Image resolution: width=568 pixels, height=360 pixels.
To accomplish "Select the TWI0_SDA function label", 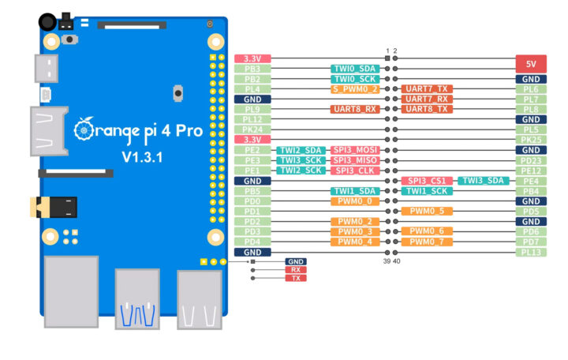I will click(355, 69).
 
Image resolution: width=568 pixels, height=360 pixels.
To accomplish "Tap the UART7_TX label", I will click(427, 89).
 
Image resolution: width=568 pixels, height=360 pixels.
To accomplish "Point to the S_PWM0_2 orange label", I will click(355, 89).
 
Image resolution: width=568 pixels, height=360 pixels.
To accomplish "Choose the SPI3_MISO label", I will click(355, 160).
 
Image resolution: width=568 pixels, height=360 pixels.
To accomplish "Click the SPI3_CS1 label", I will click(427, 181).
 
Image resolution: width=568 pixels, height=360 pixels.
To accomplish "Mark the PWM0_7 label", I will click(427, 242).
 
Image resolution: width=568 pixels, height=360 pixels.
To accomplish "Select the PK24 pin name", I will click(253, 129).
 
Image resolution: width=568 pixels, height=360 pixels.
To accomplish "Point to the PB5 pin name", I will click(253, 191).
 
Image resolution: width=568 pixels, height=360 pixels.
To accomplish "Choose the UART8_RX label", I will click(355, 110).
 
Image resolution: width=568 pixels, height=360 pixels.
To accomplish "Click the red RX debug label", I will click(295, 269).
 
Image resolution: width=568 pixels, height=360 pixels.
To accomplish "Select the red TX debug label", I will click(295, 278).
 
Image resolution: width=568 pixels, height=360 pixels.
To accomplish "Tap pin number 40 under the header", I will click(396, 260).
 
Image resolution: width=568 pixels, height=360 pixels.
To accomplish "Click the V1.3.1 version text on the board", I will click(142, 157).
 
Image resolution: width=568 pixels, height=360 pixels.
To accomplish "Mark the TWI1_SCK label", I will click(427, 191).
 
